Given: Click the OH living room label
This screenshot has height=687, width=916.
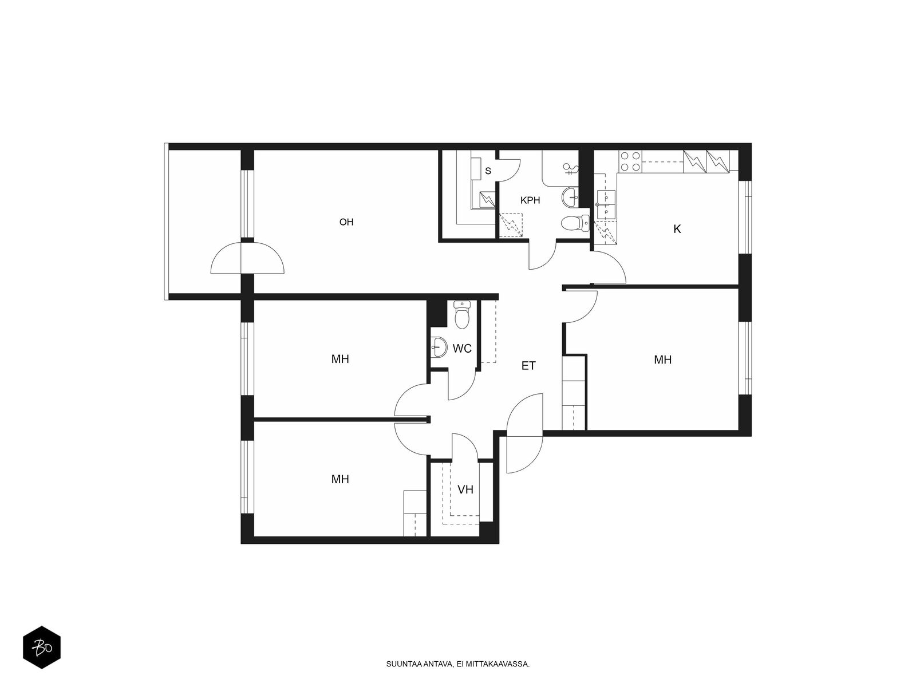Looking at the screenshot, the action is [x=346, y=222].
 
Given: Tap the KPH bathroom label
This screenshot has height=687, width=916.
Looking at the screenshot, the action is [x=530, y=200].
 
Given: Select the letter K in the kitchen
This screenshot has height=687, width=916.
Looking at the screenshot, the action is [x=677, y=228].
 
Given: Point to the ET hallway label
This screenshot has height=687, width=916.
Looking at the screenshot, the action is [x=528, y=365].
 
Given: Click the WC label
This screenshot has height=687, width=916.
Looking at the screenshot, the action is [x=462, y=348].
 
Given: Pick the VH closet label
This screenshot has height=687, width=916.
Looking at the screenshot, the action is [x=465, y=489].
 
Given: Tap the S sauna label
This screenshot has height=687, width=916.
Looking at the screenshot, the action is [x=488, y=171].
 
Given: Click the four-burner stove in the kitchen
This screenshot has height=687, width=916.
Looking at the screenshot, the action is [x=630, y=161].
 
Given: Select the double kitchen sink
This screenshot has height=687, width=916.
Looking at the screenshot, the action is [x=606, y=204].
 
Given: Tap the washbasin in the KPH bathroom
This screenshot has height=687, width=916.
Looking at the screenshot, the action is [x=570, y=197].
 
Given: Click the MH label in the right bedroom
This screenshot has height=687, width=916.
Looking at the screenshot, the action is [x=663, y=359].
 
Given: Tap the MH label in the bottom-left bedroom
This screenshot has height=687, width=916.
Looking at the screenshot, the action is [x=340, y=479].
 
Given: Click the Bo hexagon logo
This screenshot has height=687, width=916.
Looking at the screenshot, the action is [x=42, y=647].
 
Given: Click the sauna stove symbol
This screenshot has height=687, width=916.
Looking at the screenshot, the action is [x=487, y=199].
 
